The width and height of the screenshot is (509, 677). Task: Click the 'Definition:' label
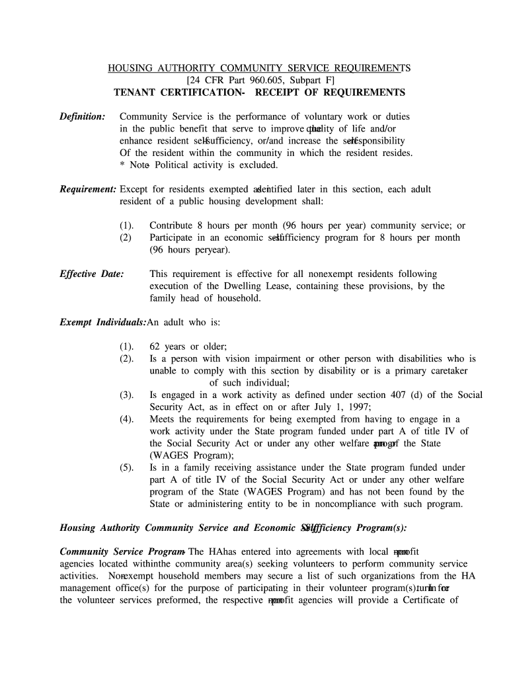pos(83,116)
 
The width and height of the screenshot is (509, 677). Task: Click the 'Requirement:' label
pos(89,189)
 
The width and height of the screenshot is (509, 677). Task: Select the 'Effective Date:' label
pos(92,274)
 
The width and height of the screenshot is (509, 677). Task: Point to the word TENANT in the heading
pos(136,93)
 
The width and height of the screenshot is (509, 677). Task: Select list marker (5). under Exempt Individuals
pos(127,467)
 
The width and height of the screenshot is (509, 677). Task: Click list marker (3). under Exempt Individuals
pos(127,395)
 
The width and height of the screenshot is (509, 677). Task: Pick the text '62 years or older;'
pos(188,346)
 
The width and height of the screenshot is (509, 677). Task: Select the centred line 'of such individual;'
pos(249,383)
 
